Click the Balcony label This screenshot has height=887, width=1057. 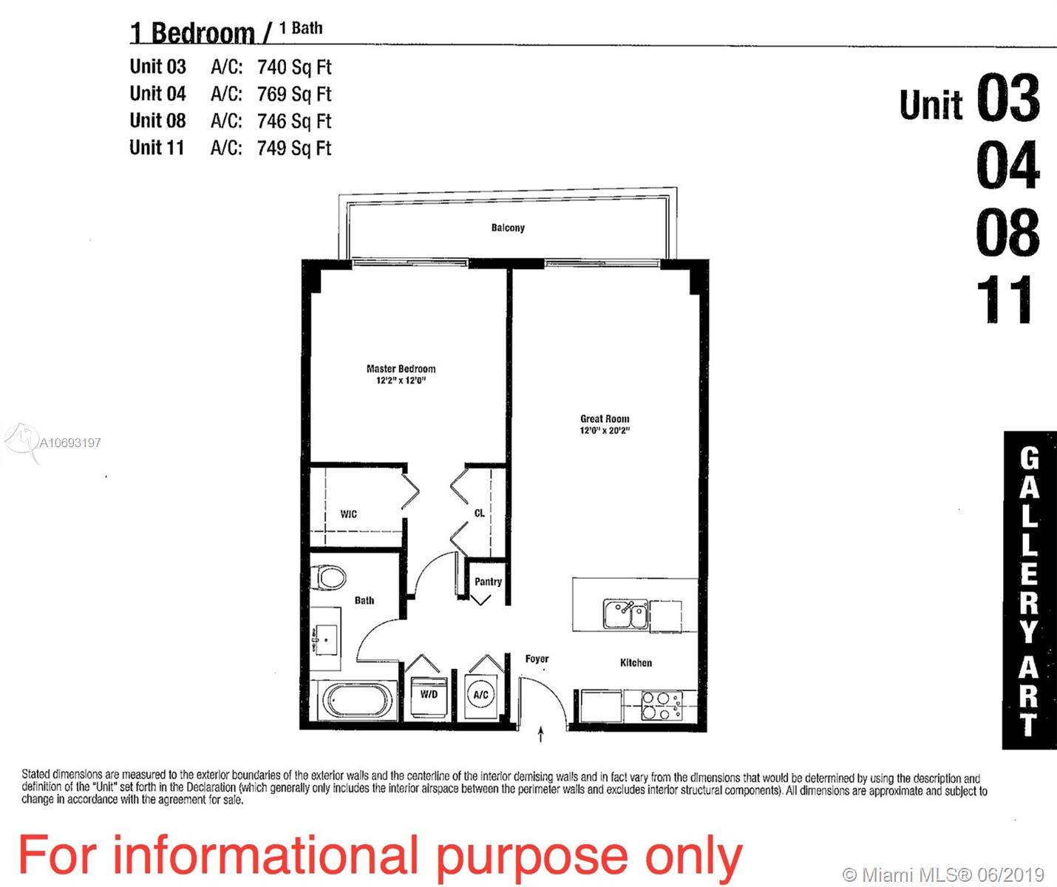pyautogui.click(x=508, y=228)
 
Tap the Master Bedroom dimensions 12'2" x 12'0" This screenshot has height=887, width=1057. pyautogui.click(x=401, y=380)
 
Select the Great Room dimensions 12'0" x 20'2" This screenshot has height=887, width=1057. pyautogui.click(x=605, y=430)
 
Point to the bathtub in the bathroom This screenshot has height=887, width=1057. pyautogui.click(x=358, y=700)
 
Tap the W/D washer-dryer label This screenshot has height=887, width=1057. pyautogui.click(x=429, y=694)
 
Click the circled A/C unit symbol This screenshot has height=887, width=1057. pyautogui.click(x=480, y=695)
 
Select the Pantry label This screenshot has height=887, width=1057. pyautogui.click(x=488, y=582)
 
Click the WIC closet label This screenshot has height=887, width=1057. pyautogui.click(x=348, y=514)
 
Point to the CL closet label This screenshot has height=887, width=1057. pyautogui.click(x=480, y=513)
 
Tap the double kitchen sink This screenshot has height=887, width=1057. pyautogui.click(x=625, y=614)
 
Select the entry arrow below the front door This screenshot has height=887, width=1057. pyautogui.click(x=540, y=734)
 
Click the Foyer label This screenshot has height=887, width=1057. pyautogui.click(x=537, y=659)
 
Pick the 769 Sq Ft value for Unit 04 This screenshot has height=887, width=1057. pyautogui.click(x=294, y=94)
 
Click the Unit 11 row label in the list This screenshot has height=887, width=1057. pyautogui.click(x=157, y=148)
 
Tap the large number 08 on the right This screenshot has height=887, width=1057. pyautogui.click(x=1007, y=232)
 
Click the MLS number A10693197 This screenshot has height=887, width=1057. pyautogui.click(x=70, y=443)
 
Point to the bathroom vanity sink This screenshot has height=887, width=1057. pyautogui.click(x=325, y=638)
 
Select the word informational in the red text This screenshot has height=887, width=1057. pyautogui.click(x=266, y=856)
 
